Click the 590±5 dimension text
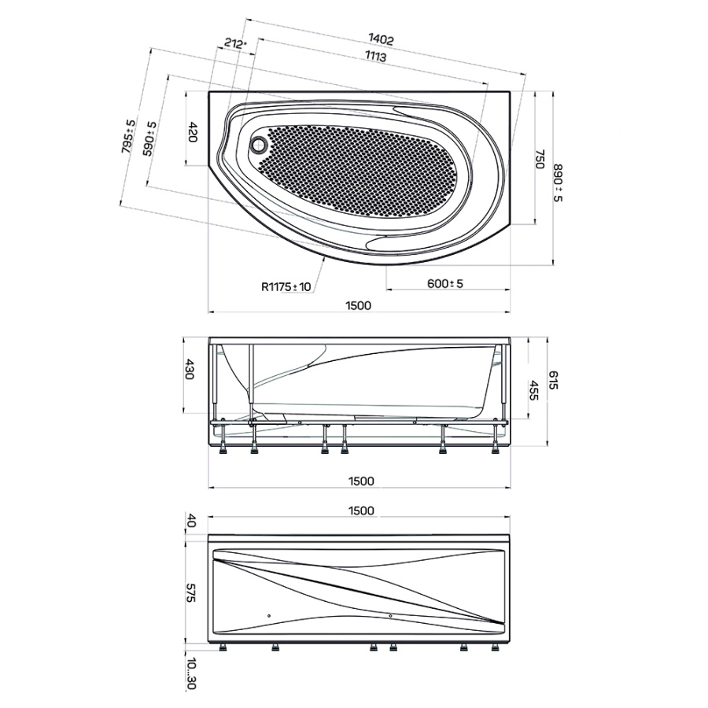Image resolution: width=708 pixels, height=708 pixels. pos(149,138)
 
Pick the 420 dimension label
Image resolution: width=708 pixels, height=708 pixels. pos(193,132)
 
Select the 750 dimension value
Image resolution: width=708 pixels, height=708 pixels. pos(540,160)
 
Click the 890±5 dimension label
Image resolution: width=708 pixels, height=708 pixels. pos(558,183)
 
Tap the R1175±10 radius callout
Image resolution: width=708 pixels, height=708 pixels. pos(286,286)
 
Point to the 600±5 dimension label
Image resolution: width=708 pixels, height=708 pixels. pos(445,283)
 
